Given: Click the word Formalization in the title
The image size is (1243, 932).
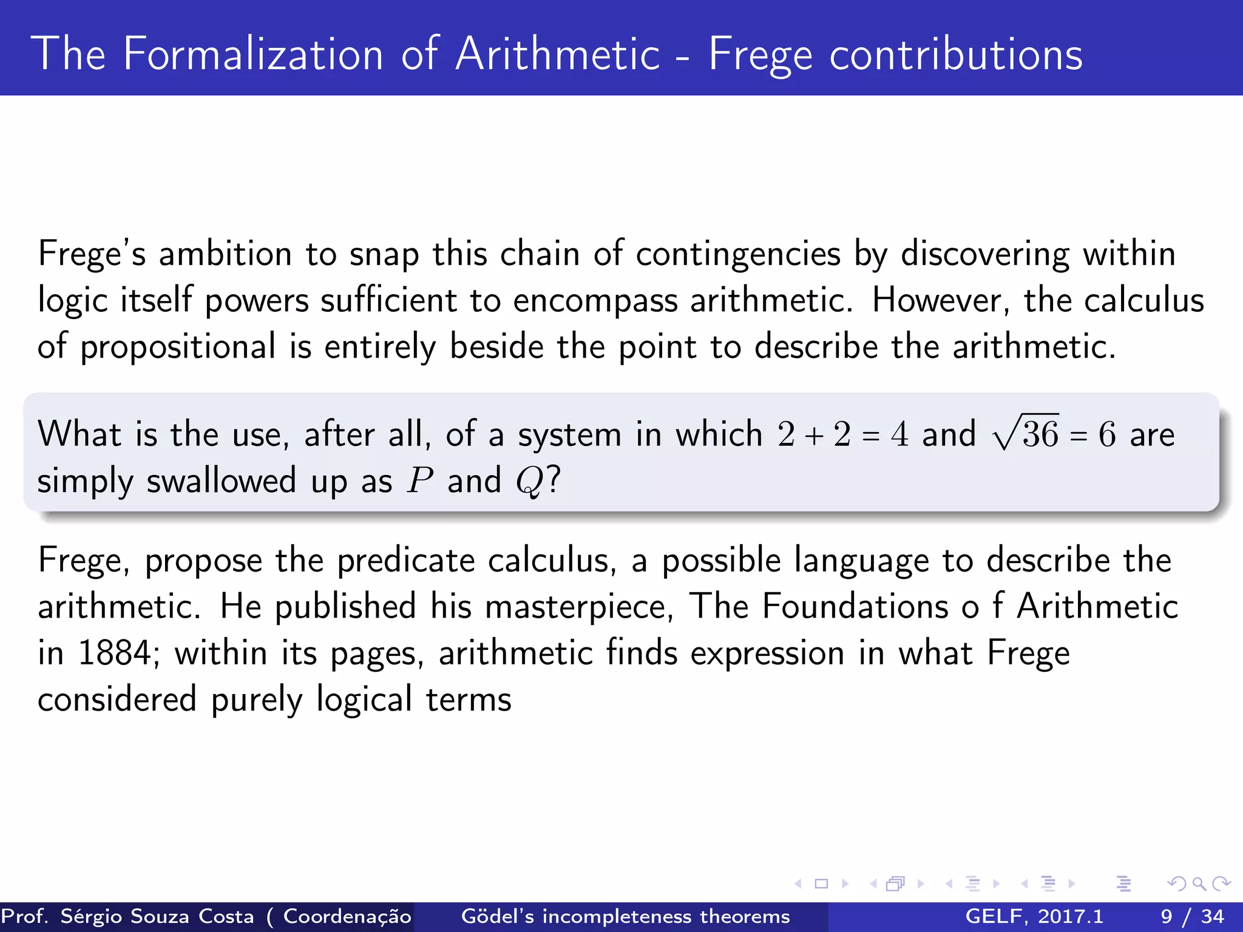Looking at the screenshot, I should (253, 55).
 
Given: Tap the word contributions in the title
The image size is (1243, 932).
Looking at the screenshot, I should (956, 55).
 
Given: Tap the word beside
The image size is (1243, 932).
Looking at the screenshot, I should (496, 347).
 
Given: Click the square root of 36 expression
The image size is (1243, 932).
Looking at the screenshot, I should (1026, 434).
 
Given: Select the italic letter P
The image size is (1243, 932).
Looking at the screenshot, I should (420, 481).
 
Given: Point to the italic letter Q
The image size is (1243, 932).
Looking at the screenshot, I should (528, 482).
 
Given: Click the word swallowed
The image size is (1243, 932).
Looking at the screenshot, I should (222, 481).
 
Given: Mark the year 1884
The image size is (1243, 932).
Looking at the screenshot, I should (115, 653).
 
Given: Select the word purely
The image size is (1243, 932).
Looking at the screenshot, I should (256, 700).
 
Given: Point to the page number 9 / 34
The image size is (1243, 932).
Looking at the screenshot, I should (1192, 916).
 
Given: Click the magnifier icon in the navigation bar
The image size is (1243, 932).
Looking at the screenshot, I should (1199, 883).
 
